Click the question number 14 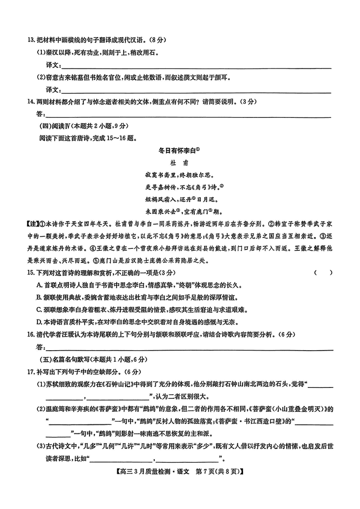[31, 102]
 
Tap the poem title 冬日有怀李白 [179, 149]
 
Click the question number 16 [31, 334]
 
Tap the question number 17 [31, 371]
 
